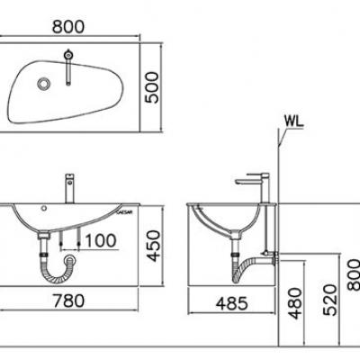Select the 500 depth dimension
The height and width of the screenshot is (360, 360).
[x=162, y=87]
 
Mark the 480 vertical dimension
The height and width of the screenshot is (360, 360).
[x=292, y=302]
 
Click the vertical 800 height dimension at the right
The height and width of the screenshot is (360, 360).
[x=353, y=270]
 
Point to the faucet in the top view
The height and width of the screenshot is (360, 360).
[x=67, y=66]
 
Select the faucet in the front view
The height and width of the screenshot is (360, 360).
[x=67, y=190]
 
